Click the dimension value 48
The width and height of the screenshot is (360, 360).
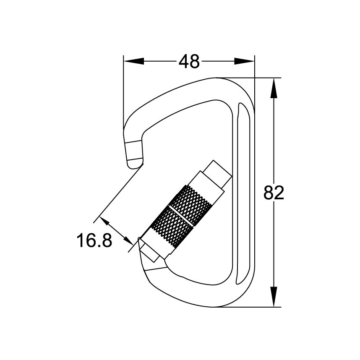tap(189, 62)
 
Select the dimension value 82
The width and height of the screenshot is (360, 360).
tap(274, 193)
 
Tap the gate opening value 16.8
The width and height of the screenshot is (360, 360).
tap(94, 241)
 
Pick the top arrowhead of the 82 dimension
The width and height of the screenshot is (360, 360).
tap(274, 88)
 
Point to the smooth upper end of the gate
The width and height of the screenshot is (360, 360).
tap(217, 172)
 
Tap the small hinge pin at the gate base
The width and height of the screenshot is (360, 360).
tap(140, 240)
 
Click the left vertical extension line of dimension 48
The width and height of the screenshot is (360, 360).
tap(123, 92)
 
